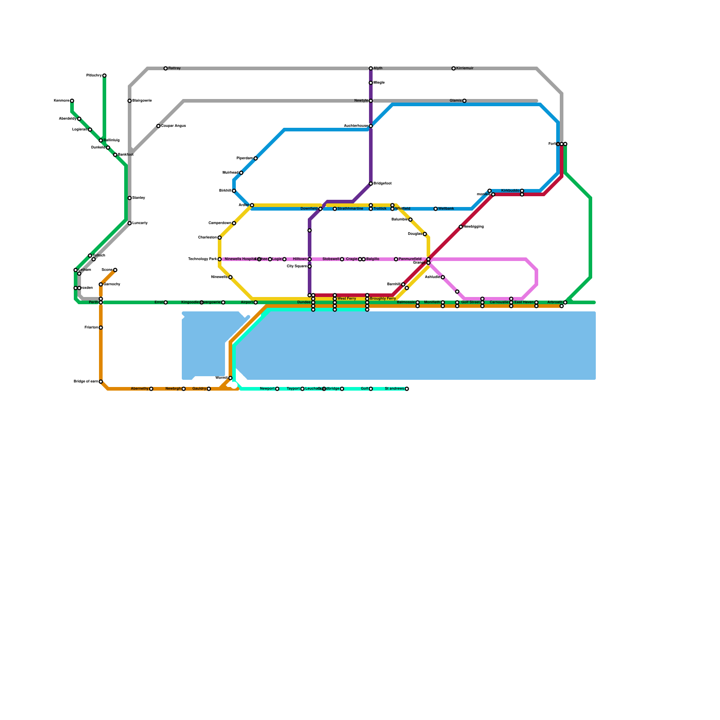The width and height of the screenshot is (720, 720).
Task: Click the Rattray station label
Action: pos(175,68)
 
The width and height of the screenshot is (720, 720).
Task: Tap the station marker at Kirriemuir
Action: pos(454,68)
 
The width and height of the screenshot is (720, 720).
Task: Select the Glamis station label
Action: pos(456,101)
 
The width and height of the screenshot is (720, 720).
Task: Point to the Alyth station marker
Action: pos(371,68)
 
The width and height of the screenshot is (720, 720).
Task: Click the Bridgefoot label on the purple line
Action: pos(382,184)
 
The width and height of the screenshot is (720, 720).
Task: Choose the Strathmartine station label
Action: pos(350,209)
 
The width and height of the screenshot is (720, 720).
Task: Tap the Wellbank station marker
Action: pos(436,209)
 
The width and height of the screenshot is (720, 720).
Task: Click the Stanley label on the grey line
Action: pos(139,198)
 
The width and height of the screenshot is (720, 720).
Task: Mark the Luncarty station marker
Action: pos(130,223)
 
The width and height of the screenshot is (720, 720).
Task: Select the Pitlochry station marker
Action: pos(104,76)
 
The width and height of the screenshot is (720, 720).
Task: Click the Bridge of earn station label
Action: pos(86,382)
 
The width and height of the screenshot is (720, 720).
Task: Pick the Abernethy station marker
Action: pos(151,389)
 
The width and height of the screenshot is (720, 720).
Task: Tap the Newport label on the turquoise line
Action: pos(267,389)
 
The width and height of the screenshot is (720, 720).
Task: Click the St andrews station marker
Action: pos(407,389)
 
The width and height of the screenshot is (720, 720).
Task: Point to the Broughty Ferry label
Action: pos(383,299)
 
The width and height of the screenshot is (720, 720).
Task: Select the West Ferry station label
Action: pos(346,299)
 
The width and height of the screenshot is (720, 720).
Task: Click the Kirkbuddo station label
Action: pos(510,191)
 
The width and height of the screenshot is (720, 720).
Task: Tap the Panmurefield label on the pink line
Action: pos(410,259)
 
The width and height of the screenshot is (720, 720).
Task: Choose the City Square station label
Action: pos(297,266)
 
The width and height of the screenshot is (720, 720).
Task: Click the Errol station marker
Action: pos(166,302)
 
